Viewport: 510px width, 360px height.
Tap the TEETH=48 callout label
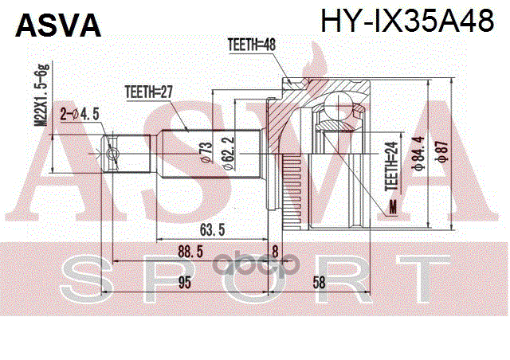click(x=251, y=45)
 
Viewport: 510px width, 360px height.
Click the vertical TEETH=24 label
click(x=390, y=165)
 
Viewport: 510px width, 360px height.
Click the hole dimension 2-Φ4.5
click(x=79, y=114)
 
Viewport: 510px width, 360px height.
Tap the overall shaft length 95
click(x=185, y=281)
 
